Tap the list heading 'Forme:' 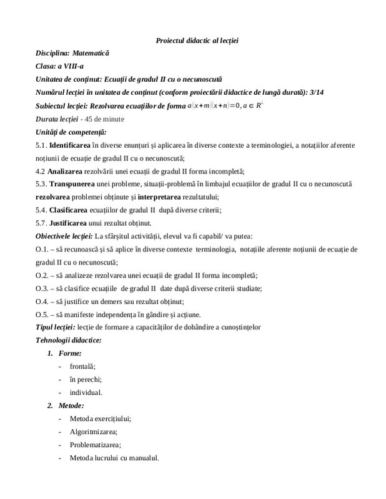(81, 354)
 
